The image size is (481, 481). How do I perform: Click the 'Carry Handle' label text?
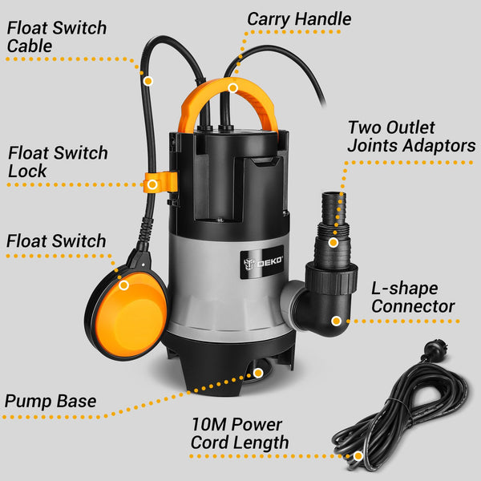tap(298, 18)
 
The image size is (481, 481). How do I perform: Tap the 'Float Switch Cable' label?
tap(56, 37)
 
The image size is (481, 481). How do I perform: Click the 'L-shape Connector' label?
tap(413, 297)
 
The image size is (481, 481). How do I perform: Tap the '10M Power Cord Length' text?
tap(240, 434)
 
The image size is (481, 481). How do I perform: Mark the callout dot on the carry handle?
tap(232, 87)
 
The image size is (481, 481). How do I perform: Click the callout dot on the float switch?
tap(124, 285)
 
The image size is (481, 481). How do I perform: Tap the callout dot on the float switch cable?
tap(148, 80)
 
